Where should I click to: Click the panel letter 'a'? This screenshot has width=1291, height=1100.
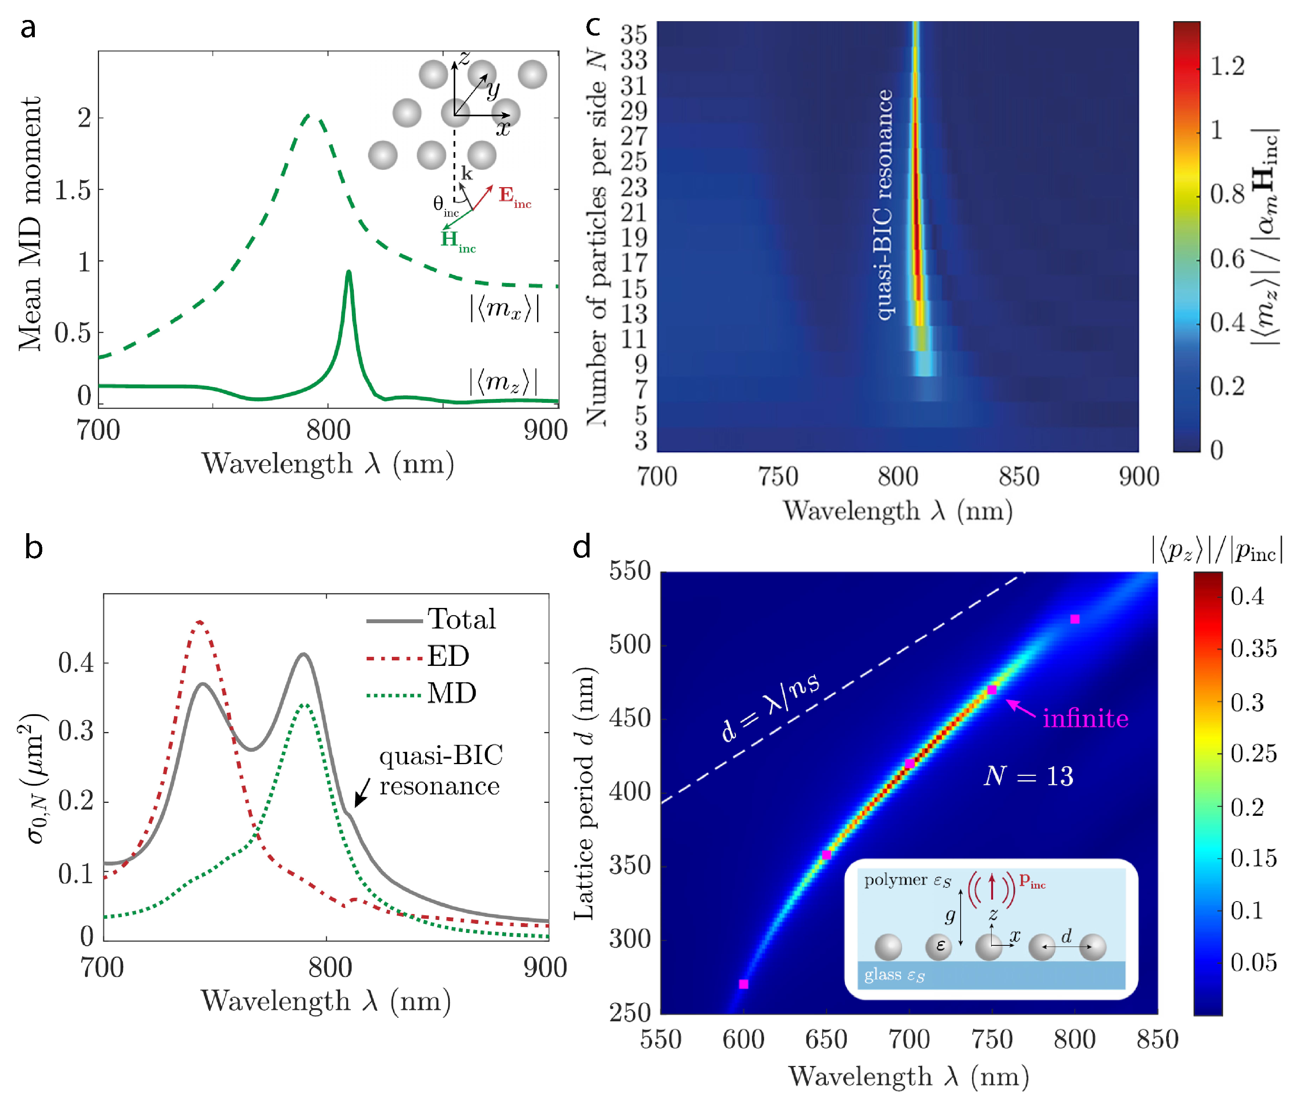28,28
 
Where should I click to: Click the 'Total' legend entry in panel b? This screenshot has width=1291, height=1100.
461,619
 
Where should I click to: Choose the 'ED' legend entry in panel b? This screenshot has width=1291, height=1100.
447,656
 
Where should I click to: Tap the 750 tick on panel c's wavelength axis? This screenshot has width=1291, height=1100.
777,477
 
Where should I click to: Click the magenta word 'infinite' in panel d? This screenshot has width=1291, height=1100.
1085,719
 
